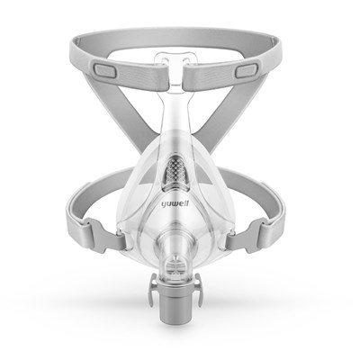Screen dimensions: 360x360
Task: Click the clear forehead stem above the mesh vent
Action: (177, 108)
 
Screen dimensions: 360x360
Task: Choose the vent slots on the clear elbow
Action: (178, 265)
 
